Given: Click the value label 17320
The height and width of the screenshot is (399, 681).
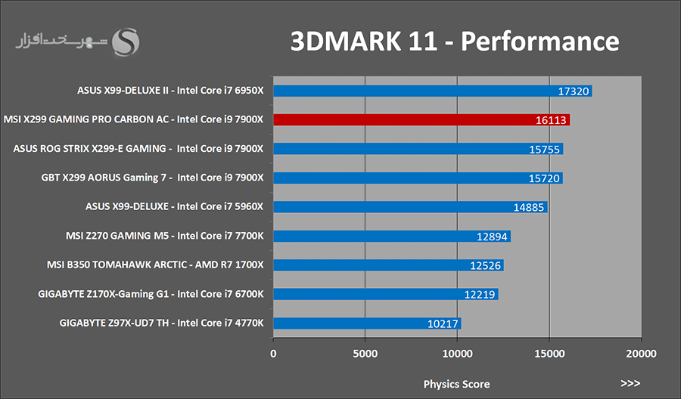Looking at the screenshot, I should pos(573,91).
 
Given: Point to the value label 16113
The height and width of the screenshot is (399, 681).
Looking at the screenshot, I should pos(551,120).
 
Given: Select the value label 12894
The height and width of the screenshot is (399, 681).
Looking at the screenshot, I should pos(492,237).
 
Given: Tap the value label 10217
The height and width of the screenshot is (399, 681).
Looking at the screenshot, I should pos(442,324).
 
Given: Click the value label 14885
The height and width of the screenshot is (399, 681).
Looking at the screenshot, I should pos(528,207).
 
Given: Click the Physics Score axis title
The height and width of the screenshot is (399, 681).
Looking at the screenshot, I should pos(456,384).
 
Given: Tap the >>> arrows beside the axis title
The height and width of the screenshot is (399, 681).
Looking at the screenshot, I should pos(630,383).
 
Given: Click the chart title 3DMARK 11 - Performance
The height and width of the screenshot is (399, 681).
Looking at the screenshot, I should pos(455,42).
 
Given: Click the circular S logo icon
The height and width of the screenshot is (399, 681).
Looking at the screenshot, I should pos(126,42).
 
